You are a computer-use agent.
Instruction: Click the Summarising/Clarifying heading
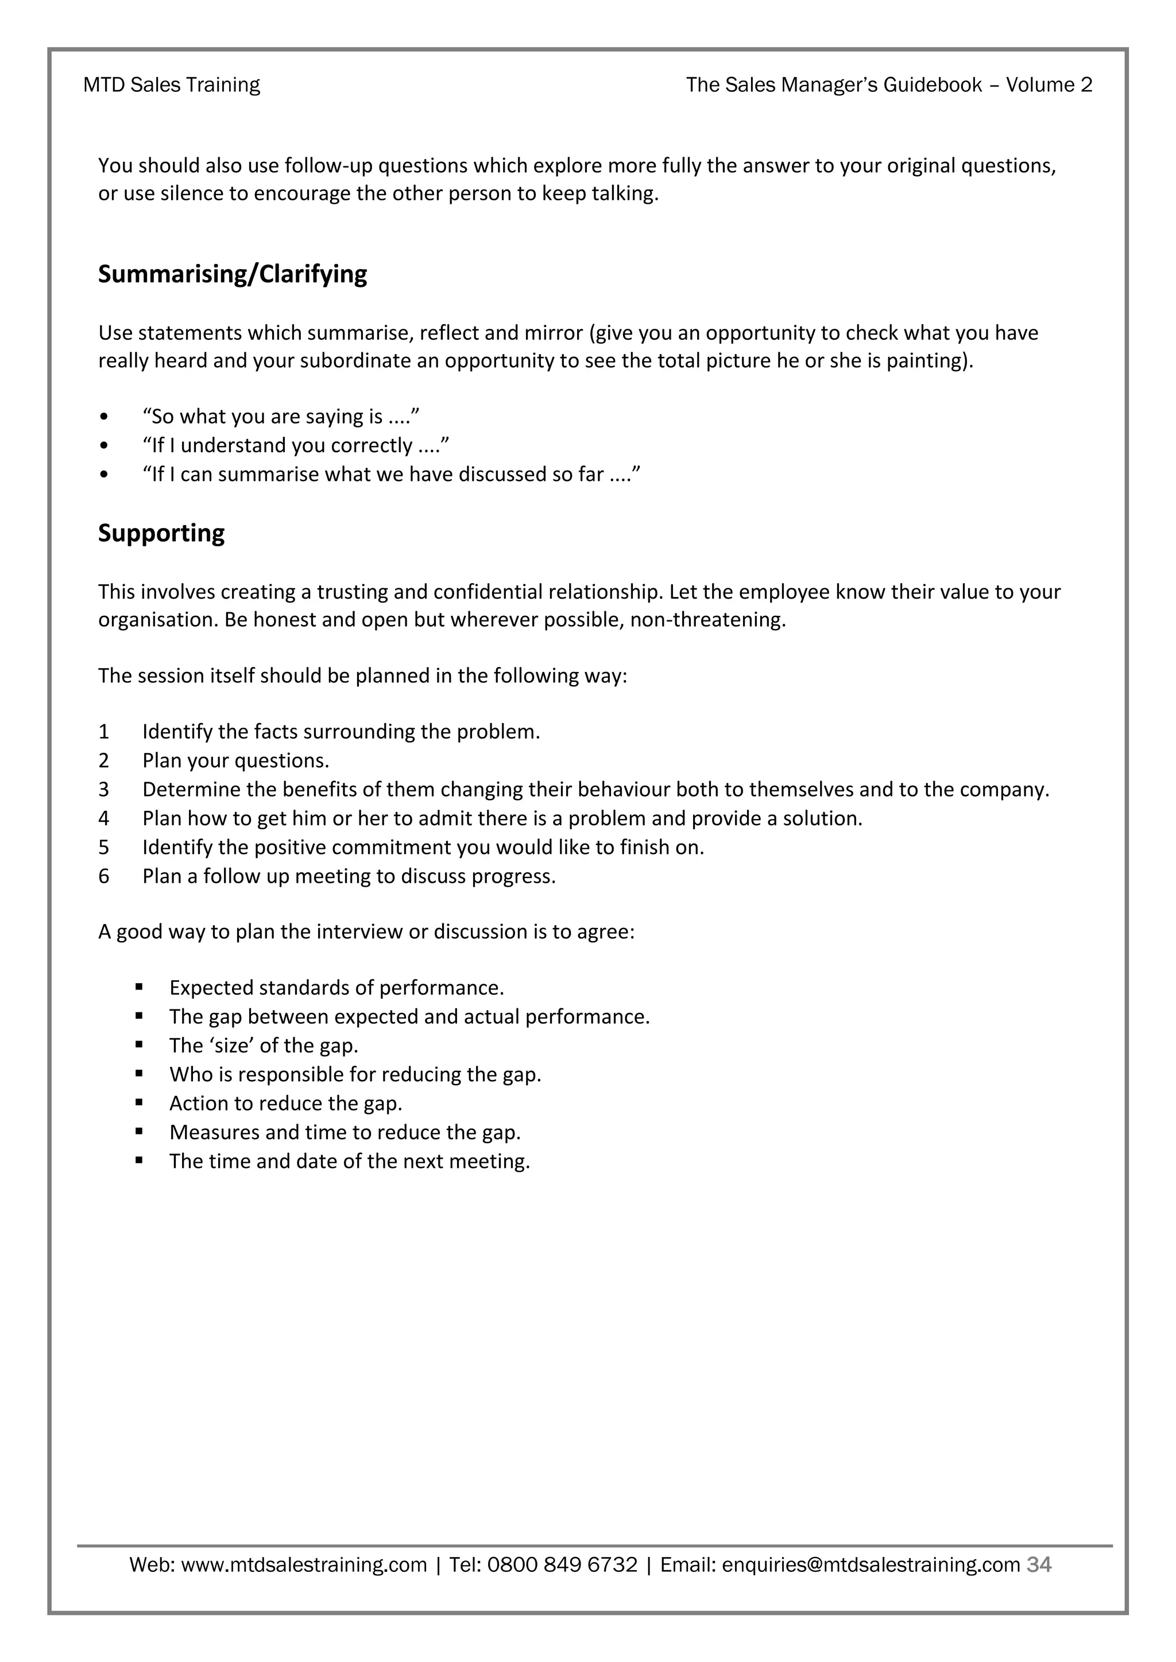233,274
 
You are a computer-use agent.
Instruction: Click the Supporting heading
161,534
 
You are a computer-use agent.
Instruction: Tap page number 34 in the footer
1039,1564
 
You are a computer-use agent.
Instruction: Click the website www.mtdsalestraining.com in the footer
303,1565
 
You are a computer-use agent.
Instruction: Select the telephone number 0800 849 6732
562,1565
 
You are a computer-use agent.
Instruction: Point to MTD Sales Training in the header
172,86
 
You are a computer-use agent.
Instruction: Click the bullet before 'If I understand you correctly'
105,446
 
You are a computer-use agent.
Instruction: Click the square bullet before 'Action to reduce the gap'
139,1102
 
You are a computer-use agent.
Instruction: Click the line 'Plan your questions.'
235,761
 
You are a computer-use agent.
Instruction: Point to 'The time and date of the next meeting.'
350,1161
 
